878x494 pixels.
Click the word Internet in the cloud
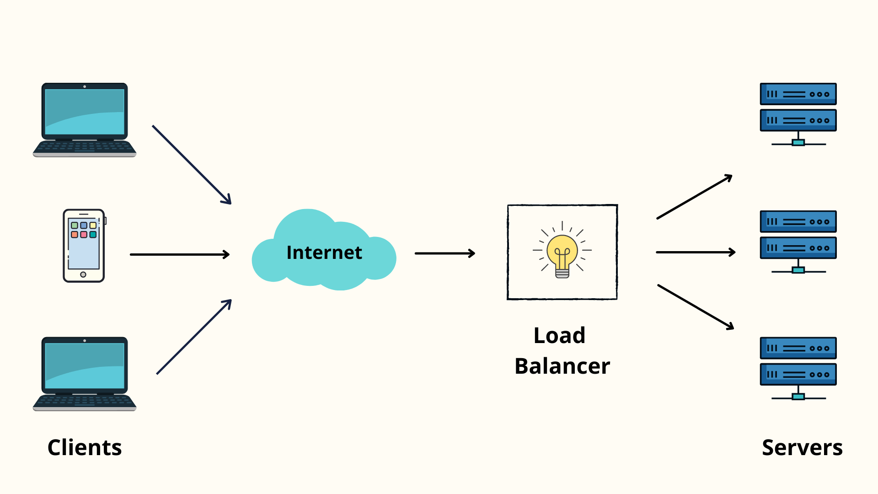point(324,252)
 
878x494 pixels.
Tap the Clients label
point(85,447)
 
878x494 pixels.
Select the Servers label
point(802,447)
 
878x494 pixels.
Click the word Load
point(559,335)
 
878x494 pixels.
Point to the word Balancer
point(562,366)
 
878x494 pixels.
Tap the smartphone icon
point(84,246)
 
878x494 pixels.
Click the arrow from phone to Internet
point(179,254)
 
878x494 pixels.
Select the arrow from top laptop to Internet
point(192,165)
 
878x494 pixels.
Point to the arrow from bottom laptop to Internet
point(194,337)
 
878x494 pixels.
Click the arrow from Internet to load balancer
point(444,253)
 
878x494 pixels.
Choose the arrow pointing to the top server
point(694,197)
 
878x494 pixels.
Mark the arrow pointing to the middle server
point(695,252)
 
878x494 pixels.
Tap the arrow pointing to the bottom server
point(696,307)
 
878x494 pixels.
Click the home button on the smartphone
point(83,274)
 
